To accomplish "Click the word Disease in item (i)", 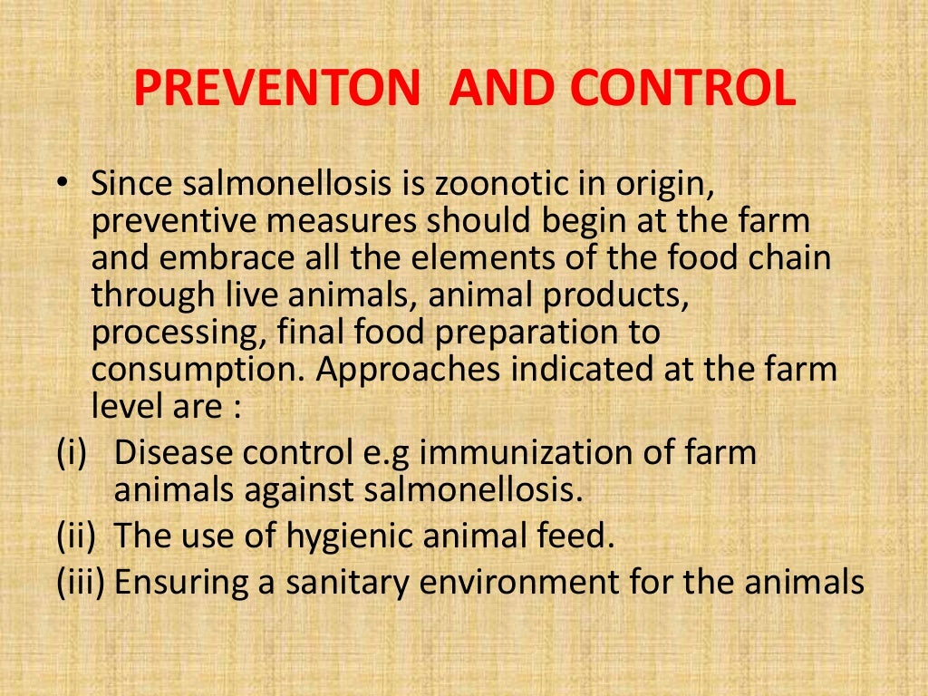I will tap(169, 452).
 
